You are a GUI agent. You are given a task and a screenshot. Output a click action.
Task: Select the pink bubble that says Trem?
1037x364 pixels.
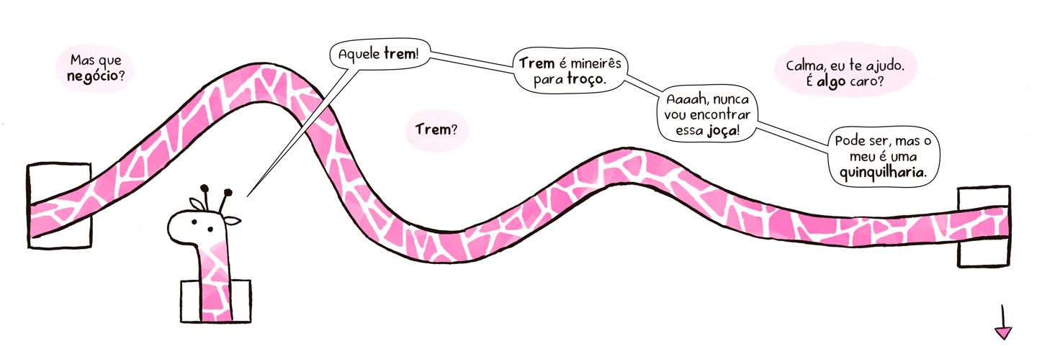(x=437, y=130)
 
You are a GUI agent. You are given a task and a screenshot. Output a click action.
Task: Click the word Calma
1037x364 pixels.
(x=804, y=65)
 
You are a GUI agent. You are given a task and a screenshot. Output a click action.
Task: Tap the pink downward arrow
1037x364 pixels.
(x=1002, y=332)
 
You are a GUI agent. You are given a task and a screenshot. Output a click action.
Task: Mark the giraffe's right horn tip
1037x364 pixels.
(x=228, y=192)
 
